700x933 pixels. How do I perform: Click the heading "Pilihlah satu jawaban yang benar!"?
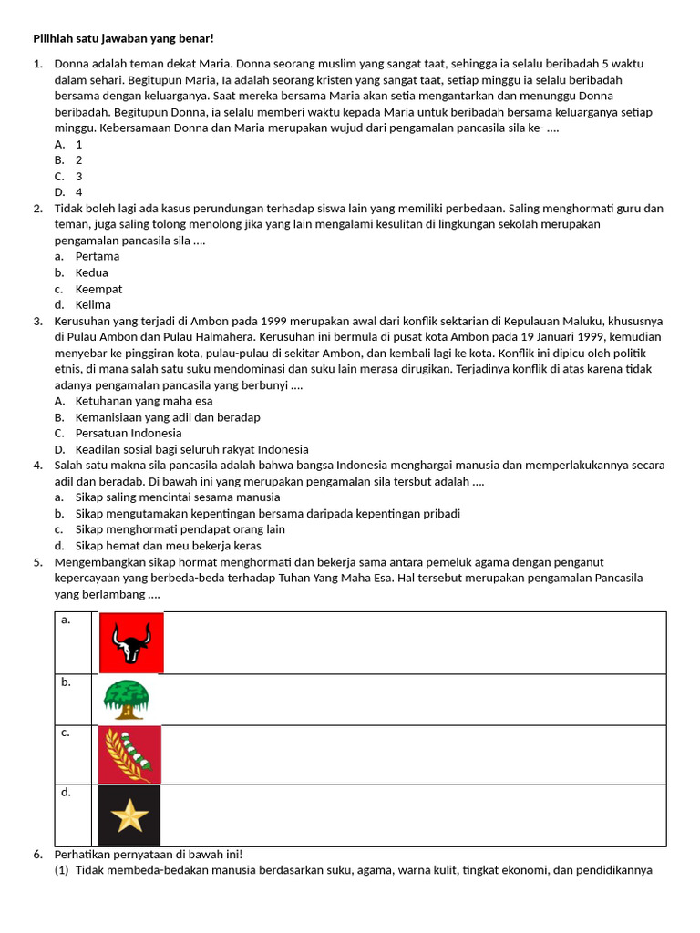123,38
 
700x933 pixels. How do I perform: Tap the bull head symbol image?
131,642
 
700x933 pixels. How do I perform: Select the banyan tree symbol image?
126,699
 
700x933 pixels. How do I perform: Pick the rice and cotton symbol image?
129,754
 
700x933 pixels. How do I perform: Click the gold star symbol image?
129,815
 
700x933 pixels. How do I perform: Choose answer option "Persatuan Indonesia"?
129,433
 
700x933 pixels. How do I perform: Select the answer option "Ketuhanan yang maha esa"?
144,401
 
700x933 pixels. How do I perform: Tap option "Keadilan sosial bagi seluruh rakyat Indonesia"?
191,449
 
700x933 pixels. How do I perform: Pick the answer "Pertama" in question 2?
98,256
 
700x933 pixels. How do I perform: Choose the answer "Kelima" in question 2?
93,304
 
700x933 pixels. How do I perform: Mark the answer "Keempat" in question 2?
98,289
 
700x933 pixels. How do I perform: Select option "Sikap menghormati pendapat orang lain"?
180,529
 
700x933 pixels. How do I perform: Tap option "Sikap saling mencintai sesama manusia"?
178,497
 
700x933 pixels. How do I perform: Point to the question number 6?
38,855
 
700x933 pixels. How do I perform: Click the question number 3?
38,321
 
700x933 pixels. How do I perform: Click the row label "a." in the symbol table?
66,620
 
